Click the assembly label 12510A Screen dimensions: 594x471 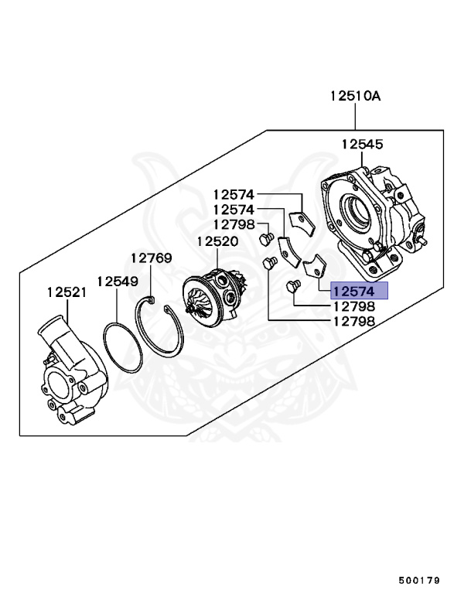click(356, 97)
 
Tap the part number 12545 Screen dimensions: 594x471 click(363, 145)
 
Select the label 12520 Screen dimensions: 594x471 click(217, 241)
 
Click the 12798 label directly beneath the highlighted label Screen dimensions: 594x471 click(353, 306)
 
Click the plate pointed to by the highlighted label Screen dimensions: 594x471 click(314, 268)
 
